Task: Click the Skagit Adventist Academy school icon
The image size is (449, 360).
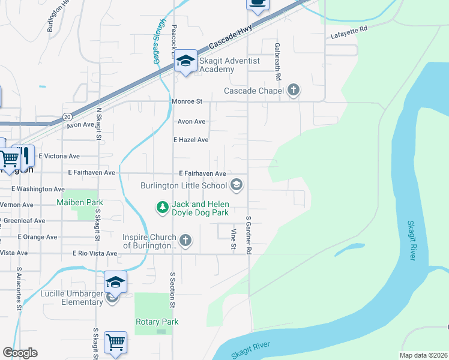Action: pos(186,61)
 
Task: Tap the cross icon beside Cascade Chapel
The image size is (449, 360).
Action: pos(294,91)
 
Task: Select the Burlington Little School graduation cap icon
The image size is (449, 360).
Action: pos(237,185)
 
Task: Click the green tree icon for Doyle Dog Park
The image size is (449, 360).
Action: pos(161,208)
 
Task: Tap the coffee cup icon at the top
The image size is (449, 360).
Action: pos(258,4)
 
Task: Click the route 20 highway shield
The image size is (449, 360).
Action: pos(67,116)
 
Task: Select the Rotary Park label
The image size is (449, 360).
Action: pos(157,322)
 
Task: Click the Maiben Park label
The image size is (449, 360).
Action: pos(80,203)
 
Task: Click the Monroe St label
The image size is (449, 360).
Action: pos(188,101)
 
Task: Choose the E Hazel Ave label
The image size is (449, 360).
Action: pos(191,140)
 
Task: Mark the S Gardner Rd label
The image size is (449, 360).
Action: pos(248,234)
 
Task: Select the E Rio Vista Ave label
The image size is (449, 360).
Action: pos(95,253)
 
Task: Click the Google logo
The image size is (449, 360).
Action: pos(20,353)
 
